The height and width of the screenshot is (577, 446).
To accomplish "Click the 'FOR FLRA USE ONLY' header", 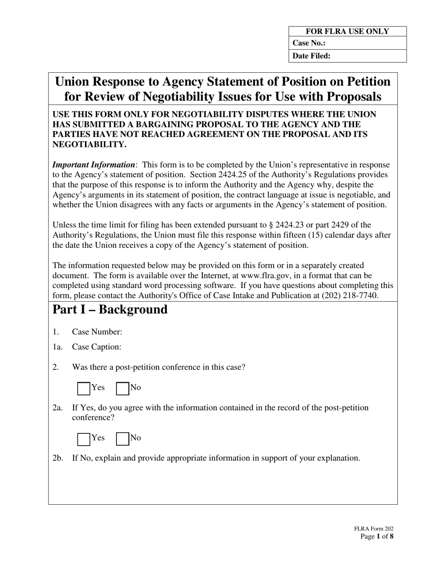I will (x=347, y=32).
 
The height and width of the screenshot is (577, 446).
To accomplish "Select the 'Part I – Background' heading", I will (x=110, y=310).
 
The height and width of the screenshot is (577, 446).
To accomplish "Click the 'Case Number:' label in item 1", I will (x=97, y=332).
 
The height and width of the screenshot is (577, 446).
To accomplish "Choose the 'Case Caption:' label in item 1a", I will (x=96, y=347).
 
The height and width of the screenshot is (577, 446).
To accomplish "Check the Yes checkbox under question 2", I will (x=84, y=388).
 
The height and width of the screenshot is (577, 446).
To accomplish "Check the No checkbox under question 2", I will (x=123, y=388).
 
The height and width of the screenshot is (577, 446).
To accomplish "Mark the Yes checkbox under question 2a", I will (x=84, y=439).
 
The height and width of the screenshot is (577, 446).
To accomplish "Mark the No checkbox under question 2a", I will (x=123, y=439).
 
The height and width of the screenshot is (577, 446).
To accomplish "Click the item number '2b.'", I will (x=58, y=458).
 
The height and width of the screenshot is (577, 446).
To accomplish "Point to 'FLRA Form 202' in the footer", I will (x=374, y=529).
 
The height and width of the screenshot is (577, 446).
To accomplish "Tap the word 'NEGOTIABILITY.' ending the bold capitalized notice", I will (x=89, y=144).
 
